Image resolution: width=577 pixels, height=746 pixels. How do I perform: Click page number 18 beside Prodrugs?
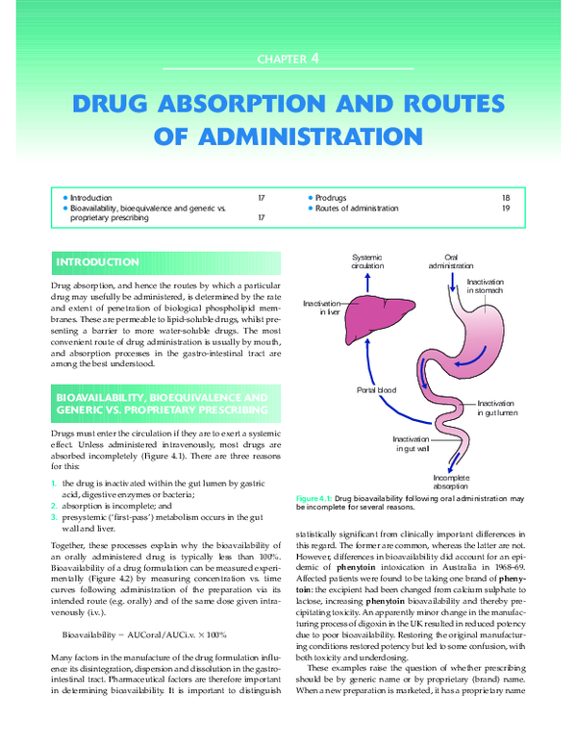[x=506, y=197]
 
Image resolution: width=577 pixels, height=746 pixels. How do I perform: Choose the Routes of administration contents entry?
[x=355, y=209]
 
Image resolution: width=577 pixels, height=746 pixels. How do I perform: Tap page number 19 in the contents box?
[x=506, y=209]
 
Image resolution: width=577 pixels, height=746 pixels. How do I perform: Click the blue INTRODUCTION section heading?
[x=98, y=262]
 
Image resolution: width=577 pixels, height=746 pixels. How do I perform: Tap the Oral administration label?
[x=452, y=261]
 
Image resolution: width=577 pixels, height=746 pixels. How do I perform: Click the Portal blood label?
[x=376, y=389]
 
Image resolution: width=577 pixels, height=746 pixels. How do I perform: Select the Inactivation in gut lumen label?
[x=497, y=407]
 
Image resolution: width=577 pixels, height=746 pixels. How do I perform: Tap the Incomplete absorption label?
[x=451, y=481]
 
